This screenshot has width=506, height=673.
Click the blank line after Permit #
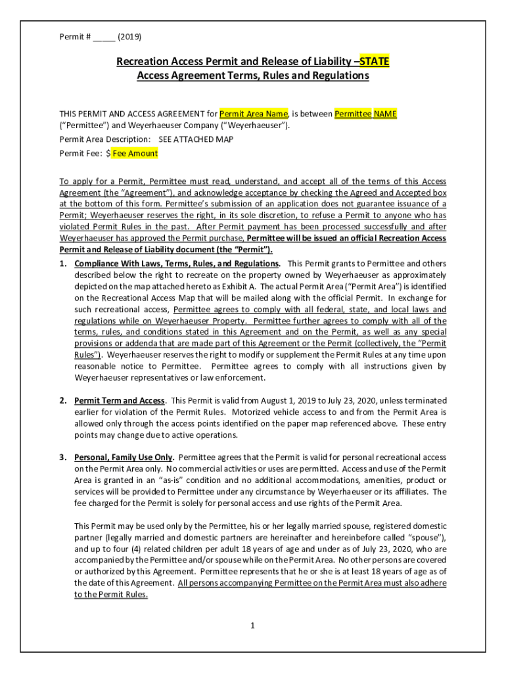[x=104, y=36]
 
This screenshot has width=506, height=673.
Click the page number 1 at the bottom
[x=252, y=625]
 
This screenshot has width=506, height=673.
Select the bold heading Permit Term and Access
[x=119, y=400]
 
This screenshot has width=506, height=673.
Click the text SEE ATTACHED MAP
[x=196, y=139]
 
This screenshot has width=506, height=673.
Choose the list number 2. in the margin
[x=63, y=400]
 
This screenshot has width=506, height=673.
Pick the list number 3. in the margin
[x=63, y=457]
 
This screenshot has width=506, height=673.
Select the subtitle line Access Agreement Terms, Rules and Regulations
[x=252, y=76]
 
